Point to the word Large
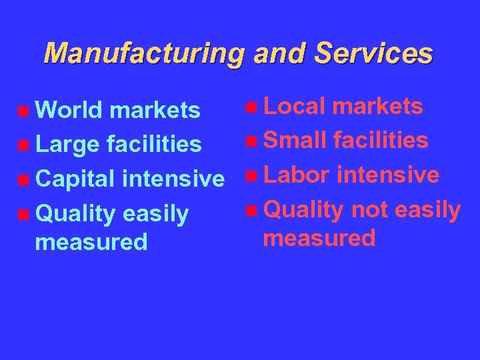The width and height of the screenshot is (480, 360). pos(66,144)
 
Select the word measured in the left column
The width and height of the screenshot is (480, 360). pos(91,241)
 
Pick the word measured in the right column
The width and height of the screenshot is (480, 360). pos(319,237)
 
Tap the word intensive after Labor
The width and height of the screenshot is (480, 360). pos(388,175)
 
